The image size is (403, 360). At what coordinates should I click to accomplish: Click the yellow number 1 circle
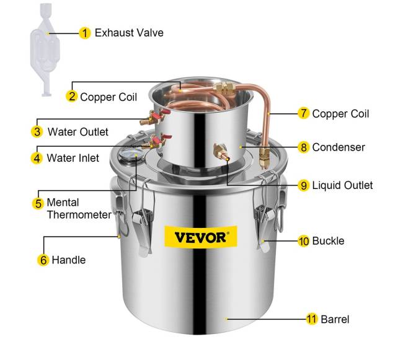85,33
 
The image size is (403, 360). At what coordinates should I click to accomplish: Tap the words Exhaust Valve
129,33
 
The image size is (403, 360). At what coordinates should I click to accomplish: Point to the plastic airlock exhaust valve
45,50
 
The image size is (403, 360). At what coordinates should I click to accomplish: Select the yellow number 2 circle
72,96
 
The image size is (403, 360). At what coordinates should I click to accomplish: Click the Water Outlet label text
78,132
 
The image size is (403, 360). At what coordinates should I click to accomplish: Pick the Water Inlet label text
73,158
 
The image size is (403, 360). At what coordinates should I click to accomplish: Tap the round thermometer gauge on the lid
128,155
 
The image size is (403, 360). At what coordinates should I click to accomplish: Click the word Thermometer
79,214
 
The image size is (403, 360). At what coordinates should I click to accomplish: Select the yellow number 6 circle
43,260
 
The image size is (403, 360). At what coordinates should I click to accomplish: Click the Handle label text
69,260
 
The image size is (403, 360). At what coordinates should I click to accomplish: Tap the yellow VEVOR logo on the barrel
201,237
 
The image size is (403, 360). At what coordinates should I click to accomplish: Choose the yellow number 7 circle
304,113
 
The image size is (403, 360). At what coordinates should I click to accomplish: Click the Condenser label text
339,147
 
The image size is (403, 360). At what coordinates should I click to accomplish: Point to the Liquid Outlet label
342,185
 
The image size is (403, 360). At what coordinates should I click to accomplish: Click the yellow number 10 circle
304,241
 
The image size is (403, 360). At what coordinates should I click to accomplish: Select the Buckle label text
328,241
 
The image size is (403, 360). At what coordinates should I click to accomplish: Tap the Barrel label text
335,320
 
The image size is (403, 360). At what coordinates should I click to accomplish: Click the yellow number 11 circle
311,319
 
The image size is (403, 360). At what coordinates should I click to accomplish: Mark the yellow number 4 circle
37,158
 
